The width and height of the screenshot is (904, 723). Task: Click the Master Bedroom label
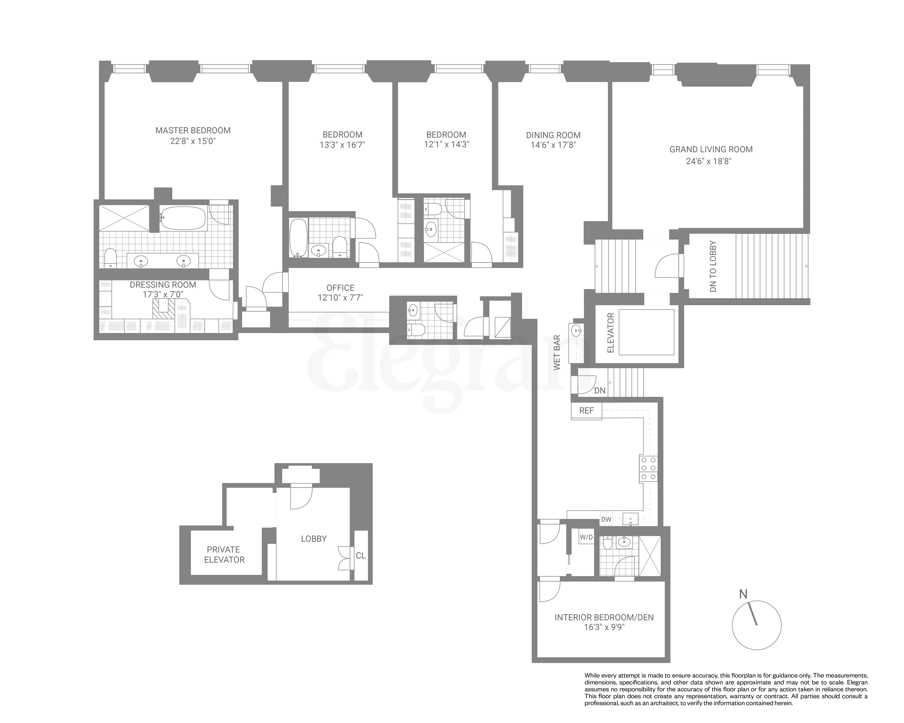pyautogui.click(x=193, y=130)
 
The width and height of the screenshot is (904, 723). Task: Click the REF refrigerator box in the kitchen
pyautogui.click(x=586, y=411)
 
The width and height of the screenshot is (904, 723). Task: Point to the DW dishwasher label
pyautogui.click(x=606, y=520)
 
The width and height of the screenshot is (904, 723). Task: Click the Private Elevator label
pyautogui.click(x=224, y=555)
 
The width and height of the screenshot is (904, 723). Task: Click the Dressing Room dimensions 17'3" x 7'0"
pyautogui.click(x=163, y=295)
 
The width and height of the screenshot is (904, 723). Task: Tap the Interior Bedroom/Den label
pyautogui.click(x=604, y=617)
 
